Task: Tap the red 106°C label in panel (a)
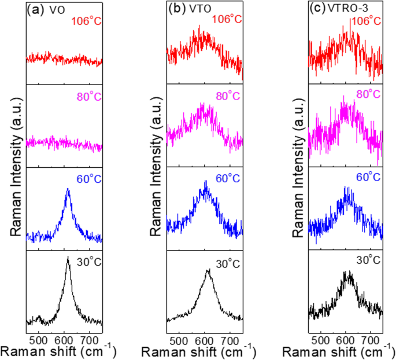pyautogui.click(x=86, y=23)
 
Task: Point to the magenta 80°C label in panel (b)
pyautogui.click(x=226, y=94)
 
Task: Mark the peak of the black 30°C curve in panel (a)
pyautogui.click(x=68, y=259)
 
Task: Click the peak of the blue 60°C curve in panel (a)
pyautogui.click(x=68, y=190)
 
